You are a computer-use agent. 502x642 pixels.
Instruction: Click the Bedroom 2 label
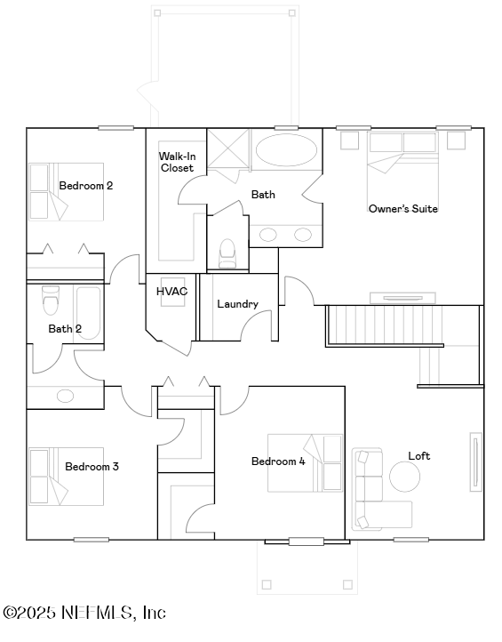point(85,186)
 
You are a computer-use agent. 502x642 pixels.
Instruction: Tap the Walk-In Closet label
point(177,162)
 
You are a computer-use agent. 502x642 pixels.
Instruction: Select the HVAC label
point(171,292)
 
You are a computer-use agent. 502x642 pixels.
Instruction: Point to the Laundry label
point(237,304)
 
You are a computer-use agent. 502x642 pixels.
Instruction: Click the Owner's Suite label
point(403,209)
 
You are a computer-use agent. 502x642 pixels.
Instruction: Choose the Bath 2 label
point(65,329)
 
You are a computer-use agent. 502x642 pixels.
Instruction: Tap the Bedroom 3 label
point(92,467)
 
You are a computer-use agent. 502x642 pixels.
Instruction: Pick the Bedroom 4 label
point(278,461)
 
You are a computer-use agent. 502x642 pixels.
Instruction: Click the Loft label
point(419,456)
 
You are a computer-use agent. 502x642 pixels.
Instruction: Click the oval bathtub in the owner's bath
point(286,149)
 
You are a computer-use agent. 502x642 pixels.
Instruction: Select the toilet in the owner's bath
point(227,252)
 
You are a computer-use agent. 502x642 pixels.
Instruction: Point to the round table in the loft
point(404,477)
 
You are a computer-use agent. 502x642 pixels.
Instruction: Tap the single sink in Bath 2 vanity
point(66,396)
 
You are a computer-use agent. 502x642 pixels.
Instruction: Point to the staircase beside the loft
point(385,325)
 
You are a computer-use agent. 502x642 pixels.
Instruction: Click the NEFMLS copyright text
point(84,613)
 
